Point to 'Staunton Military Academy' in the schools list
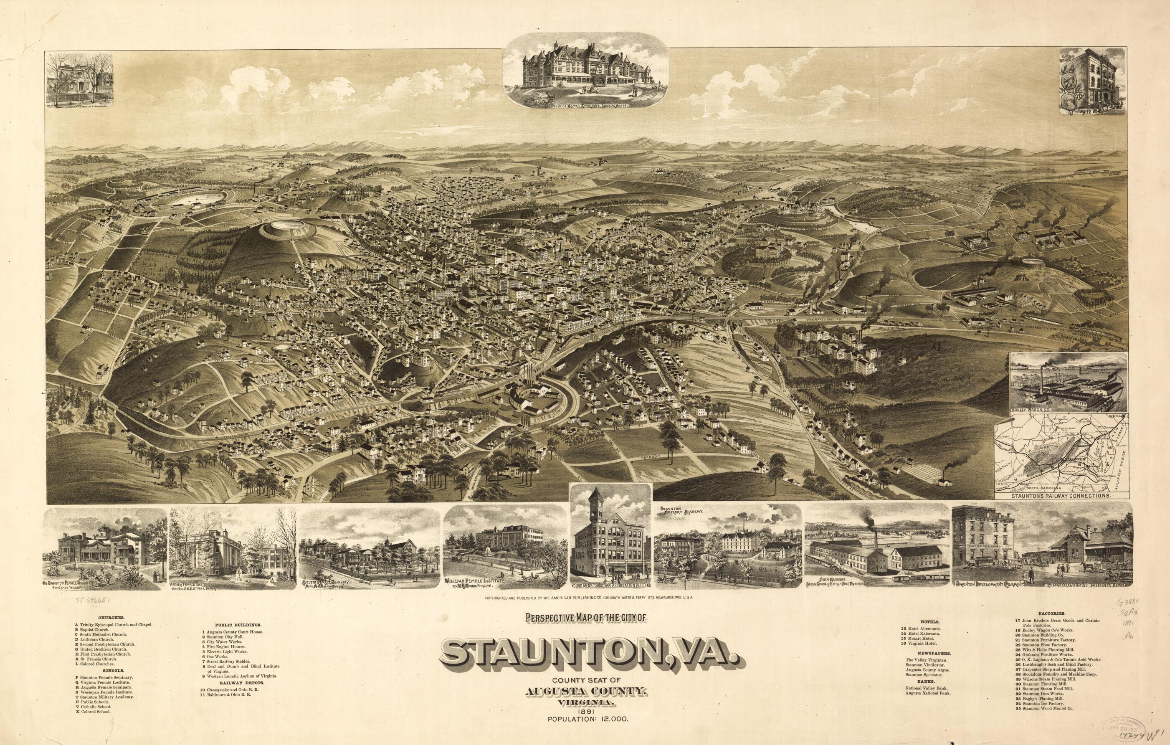[105, 695]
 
